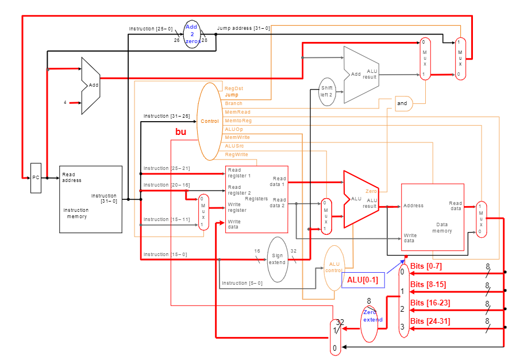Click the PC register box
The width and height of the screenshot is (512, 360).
pyautogui.click(x=36, y=178)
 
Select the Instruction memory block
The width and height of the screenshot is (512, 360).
pyautogui.click(x=91, y=199)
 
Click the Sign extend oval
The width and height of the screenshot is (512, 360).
pyautogui.click(x=278, y=259)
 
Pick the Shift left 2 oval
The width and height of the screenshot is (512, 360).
pyautogui.click(x=327, y=92)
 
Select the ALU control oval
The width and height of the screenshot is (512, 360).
pyautogui.click(x=334, y=268)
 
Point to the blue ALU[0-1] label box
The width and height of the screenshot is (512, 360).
pyautogui.click(x=363, y=280)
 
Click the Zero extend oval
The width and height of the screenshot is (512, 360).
pyautogui.click(x=372, y=316)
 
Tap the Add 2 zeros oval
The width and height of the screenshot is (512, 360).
pyautogui.click(x=193, y=34)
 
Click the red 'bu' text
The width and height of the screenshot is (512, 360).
pyautogui.click(x=180, y=132)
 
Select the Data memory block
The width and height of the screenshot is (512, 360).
pyautogui.click(x=432, y=217)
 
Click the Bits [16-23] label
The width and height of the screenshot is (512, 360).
pyautogui.click(x=430, y=303)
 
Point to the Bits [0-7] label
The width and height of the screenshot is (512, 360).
pyautogui.click(x=426, y=266)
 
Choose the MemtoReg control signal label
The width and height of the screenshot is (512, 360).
pyautogui.click(x=238, y=121)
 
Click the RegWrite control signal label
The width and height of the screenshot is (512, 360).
pyautogui.click(x=236, y=154)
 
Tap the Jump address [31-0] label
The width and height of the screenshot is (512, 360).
pyautogui.click(x=243, y=28)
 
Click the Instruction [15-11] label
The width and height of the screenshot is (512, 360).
pyautogui.click(x=167, y=219)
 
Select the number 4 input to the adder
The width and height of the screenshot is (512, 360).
pyautogui.click(x=66, y=103)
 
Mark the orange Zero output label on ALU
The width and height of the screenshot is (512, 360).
pyautogui.click(x=371, y=191)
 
